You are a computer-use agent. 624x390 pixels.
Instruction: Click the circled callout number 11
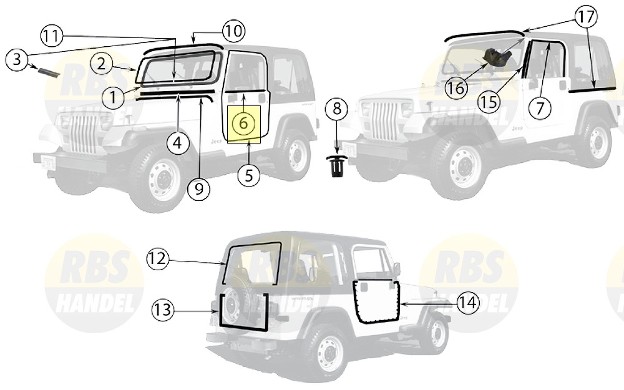[x=52, y=36]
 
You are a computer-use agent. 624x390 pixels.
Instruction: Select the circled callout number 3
[x=17, y=60]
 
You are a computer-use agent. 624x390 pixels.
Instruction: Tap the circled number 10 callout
[x=233, y=31]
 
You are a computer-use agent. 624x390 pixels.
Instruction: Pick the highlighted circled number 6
[x=243, y=124]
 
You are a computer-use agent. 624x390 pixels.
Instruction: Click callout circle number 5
[x=249, y=175]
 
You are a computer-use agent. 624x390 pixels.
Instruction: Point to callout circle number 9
[x=199, y=189]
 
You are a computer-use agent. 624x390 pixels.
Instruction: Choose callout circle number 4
[x=177, y=142]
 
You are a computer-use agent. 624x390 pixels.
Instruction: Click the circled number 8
[x=337, y=108]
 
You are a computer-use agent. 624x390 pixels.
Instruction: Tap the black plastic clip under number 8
[x=337, y=167]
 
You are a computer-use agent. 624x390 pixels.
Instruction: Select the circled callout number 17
[x=586, y=17]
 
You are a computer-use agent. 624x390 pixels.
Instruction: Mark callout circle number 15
[x=489, y=102]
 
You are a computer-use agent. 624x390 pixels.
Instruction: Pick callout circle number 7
[x=540, y=107]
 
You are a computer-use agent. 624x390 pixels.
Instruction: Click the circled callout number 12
[x=158, y=259]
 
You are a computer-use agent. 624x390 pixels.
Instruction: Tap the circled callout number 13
[x=163, y=310]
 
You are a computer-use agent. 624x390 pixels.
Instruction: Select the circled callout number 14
[x=468, y=303]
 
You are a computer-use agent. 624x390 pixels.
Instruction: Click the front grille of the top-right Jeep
[x=384, y=122]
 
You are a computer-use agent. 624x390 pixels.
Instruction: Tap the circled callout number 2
[x=102, y=64]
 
